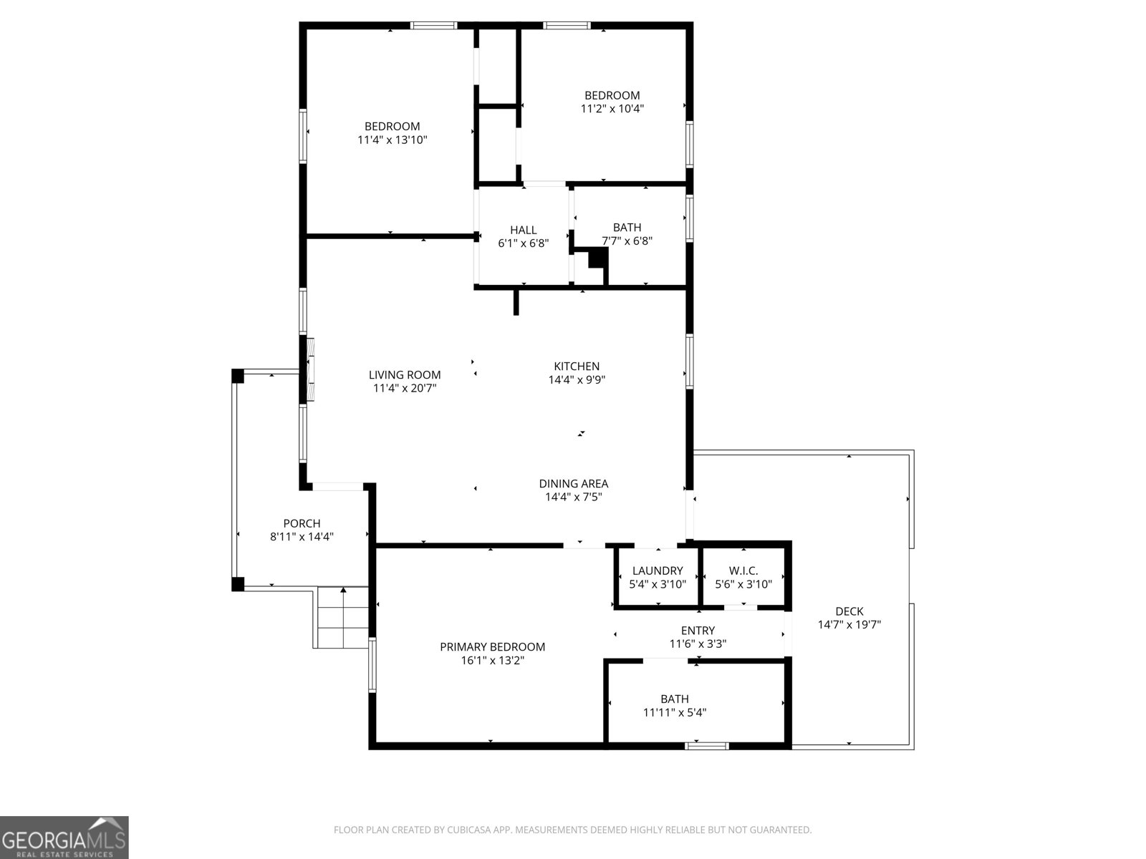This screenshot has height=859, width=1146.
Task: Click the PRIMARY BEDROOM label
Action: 492,647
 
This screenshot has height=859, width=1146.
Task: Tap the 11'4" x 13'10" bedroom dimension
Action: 392,140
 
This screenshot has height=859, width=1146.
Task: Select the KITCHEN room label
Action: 577,367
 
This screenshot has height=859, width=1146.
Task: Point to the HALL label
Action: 523,230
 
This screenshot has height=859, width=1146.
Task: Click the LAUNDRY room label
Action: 657,571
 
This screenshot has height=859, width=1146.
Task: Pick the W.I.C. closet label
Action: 743,571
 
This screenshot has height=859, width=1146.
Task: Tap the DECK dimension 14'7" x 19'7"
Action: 849,625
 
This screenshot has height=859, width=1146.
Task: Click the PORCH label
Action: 302,524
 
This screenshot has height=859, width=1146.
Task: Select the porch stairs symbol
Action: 342,617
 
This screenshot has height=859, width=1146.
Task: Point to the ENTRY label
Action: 697,631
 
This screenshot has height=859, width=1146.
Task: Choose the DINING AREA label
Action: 573,484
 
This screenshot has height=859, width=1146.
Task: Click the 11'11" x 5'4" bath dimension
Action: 675,713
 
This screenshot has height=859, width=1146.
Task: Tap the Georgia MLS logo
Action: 64,837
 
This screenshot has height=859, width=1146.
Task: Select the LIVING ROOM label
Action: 405,375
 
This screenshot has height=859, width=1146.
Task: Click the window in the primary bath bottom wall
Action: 707,746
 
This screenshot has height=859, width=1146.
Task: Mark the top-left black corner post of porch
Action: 238,375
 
